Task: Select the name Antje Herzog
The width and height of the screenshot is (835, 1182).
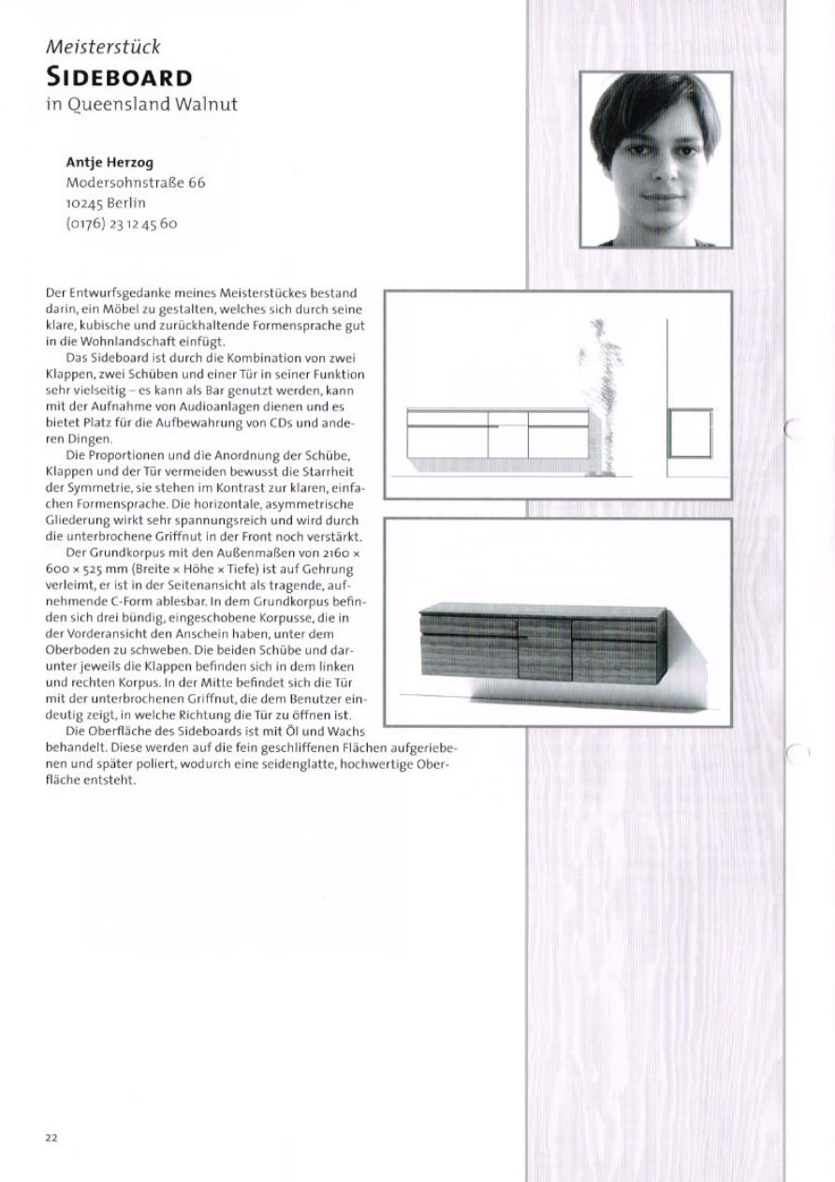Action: (110, 162)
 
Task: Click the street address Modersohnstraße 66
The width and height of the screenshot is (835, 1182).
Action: (135, 183)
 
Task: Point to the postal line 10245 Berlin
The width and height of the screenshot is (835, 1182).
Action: (106, 203)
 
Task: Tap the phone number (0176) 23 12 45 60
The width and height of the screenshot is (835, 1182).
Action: (122, 224)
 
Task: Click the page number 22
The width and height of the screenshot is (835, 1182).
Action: (51, 1138)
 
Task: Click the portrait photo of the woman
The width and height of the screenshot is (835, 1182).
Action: (655, 159)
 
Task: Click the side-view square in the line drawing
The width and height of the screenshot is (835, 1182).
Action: (690, 433)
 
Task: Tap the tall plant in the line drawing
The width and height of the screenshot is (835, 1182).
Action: (600, 393)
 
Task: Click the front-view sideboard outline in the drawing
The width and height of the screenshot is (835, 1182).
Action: (497, 434)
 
